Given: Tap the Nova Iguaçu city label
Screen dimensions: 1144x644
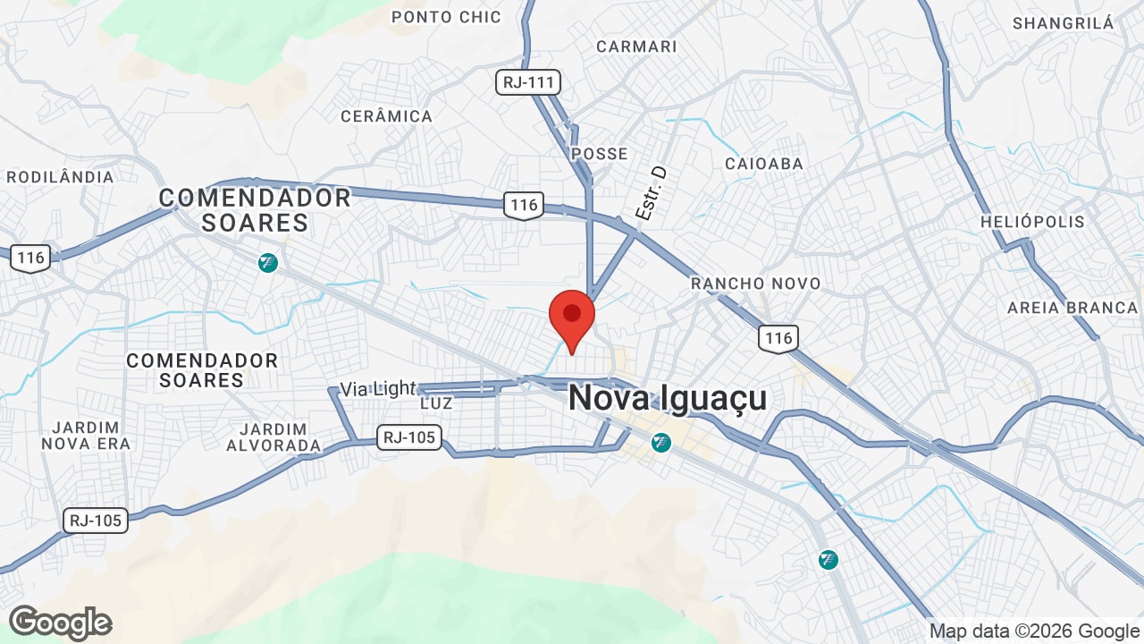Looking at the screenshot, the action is tap(668, 398).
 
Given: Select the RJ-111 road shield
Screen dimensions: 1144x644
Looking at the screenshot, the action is tap(528, 83).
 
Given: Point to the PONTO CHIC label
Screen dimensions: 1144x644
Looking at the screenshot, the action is tap(446, 17).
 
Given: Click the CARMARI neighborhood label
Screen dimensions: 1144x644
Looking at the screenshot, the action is tap(636, 47).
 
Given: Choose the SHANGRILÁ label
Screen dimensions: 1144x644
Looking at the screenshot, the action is tap(1063, 23).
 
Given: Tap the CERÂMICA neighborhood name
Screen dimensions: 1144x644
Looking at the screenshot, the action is tap(386, 116).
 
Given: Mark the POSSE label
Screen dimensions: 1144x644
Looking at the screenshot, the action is tap(599, 154).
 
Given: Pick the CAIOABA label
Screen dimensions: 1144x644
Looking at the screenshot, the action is tap(764, 164).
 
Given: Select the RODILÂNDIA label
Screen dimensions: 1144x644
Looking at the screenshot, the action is tap(60, 177).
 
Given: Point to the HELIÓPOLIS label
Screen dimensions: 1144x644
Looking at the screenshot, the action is tap(1032, 222).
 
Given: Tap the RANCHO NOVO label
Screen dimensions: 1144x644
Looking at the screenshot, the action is tap(755, 284).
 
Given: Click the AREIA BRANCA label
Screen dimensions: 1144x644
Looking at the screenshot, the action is tap(1072, 308).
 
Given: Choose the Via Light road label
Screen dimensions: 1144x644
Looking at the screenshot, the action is tap(378, 389).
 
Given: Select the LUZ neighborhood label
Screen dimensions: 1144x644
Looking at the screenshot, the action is tap(436, 403).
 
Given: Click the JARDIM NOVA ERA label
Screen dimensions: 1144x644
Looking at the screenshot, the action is tap(86, 436).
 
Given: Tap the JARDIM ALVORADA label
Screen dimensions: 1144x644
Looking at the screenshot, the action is tap(273, 437).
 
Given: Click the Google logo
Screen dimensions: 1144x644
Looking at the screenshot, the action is tap(60, 623).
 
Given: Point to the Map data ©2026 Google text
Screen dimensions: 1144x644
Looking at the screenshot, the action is tap(1034, 631).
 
